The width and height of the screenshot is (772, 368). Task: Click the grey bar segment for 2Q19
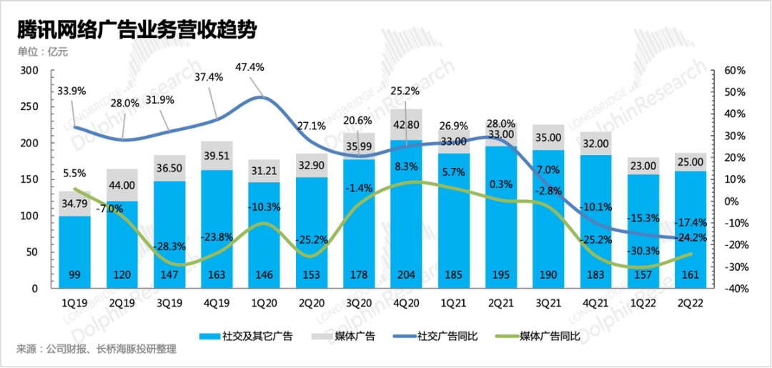pos(122,185)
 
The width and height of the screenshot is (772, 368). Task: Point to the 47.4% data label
pos(249,67)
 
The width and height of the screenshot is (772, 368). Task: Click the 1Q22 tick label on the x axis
pos(642,302)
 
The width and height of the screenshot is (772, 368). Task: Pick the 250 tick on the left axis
pos(29,107)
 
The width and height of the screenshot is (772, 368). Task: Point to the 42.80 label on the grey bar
pos(406,126)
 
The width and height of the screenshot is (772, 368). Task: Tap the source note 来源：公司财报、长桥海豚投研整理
pos(96,349)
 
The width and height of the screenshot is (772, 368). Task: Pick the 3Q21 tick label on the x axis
pos(547,302)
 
